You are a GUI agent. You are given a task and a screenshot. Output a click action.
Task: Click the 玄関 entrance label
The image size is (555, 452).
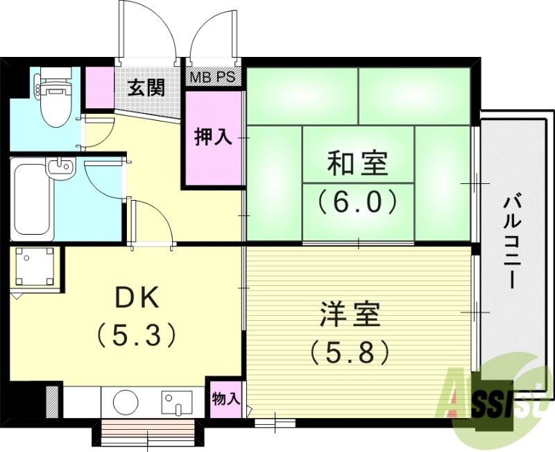[x=146, y=88]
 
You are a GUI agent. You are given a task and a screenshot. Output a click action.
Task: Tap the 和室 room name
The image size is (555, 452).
[x=358, y=164]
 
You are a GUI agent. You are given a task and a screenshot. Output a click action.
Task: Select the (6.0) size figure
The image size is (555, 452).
[x=358, y=202]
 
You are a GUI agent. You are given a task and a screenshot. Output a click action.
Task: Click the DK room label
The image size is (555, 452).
[x=137, y=298]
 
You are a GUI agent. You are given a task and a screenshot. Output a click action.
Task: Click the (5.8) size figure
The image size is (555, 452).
[x=350, y=353]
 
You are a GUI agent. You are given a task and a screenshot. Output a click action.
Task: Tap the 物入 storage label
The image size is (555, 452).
[x=226, y=399]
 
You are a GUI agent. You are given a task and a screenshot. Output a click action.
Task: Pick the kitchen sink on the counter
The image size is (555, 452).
[x=176, y=402]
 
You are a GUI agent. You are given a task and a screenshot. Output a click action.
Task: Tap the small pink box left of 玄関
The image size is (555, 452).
[x=99, y=87]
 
